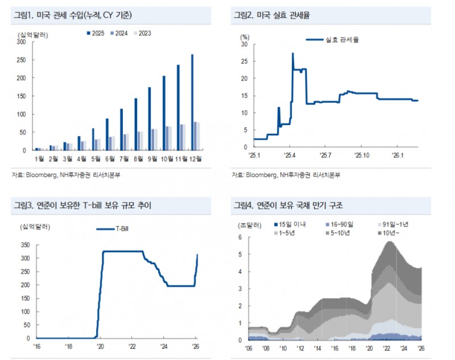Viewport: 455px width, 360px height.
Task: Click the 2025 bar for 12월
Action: pos(192,102)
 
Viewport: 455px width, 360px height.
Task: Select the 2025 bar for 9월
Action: pos(150,119)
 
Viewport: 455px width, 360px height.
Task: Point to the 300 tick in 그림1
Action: pos(21,42)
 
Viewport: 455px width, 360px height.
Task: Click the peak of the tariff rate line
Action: pos(292,53)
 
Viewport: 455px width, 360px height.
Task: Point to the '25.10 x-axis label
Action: pos(361,154)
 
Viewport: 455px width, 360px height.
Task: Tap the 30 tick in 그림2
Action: pos(244,44)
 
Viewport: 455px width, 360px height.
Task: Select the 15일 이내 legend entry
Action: pos(290,225)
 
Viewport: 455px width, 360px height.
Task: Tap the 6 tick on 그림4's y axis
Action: pos(241,237)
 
